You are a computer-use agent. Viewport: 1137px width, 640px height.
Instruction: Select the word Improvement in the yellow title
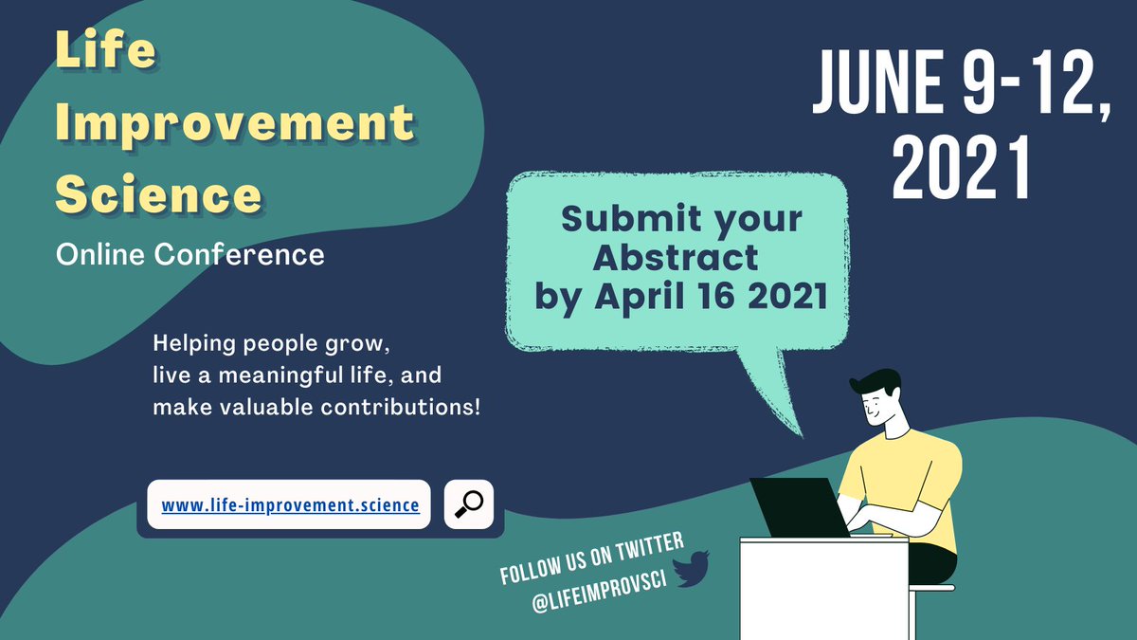234,123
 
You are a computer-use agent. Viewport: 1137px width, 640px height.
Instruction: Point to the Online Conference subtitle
189,254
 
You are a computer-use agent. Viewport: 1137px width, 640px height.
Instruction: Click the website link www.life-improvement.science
290,505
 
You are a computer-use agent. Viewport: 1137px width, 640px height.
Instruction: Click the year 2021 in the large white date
961,169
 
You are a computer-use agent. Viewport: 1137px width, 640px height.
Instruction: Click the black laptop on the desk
796,507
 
